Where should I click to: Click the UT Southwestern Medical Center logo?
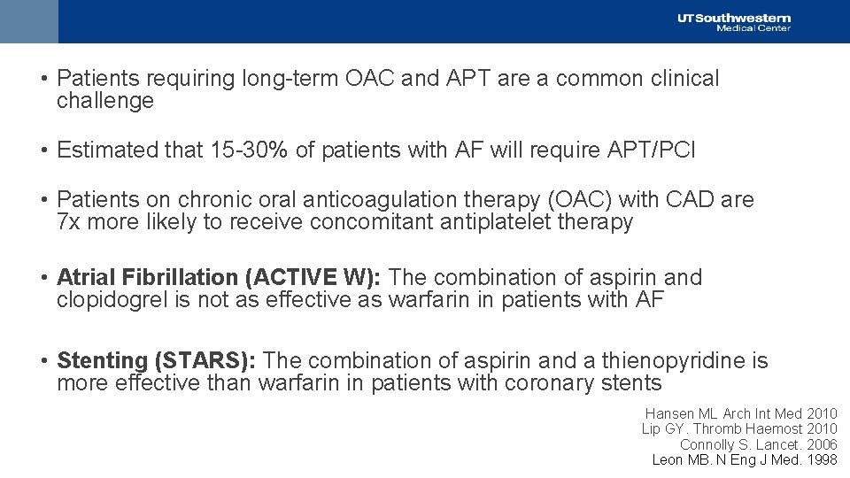pos(733,22)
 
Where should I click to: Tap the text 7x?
pos(69,222)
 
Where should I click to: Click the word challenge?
pos(104,101)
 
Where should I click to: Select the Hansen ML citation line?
pos(740,414)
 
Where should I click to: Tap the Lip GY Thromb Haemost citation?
pos(738,429)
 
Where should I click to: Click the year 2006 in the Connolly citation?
pos(822,444)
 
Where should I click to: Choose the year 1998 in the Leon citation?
pos(822,459)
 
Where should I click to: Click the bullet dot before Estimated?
pos(43,150)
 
